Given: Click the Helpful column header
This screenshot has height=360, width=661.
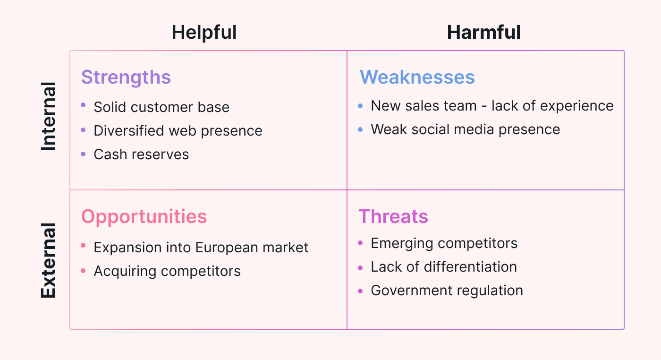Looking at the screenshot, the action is [x=204, y=33].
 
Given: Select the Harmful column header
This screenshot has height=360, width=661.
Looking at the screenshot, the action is [x=483, y=32].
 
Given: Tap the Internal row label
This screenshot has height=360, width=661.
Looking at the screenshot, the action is [x=48, y=116].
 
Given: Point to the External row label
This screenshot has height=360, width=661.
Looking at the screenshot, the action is [x=48, y=260].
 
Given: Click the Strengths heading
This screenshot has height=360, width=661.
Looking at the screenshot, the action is [x=126, y=77].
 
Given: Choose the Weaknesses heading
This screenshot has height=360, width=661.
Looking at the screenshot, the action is [x=417, y=77].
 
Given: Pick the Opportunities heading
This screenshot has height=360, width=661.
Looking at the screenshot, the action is [x=144, y=217].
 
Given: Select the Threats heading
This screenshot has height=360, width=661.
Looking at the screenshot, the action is [x=393, y=216].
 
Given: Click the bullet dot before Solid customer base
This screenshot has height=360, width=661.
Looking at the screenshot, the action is [x=83, y=105].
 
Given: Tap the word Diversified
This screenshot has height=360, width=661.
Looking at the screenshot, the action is [x=128, y=130].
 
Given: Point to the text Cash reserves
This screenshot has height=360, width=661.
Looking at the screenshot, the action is [x=141, y=154].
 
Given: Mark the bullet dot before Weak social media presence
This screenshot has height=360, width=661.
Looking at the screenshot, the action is [x=360, y=129].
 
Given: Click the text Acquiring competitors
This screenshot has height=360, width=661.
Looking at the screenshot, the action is [x=167, y=271].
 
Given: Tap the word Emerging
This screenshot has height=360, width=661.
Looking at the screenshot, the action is [x=402, y=244].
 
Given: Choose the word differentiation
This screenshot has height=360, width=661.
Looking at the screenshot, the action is [x=470, y=266].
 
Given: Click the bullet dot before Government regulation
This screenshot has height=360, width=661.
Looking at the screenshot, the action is [x=360, y=291].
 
